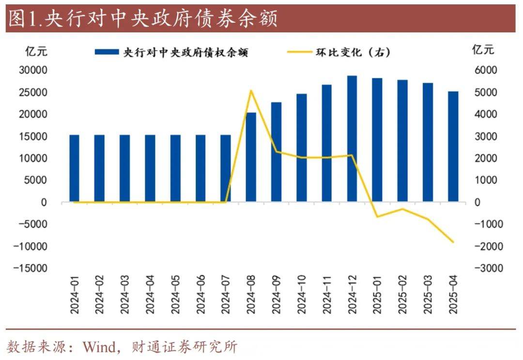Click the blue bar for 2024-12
point(352,139)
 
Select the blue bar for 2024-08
point(251,157)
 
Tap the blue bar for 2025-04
point(453,147)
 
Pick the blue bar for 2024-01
point(74,168)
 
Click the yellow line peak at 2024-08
point(251,90)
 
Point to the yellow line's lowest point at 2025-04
point(453,242)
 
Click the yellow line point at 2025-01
point(377,216)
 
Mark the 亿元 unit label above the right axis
point(483,50)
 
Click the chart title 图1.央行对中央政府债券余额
point(143,20)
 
